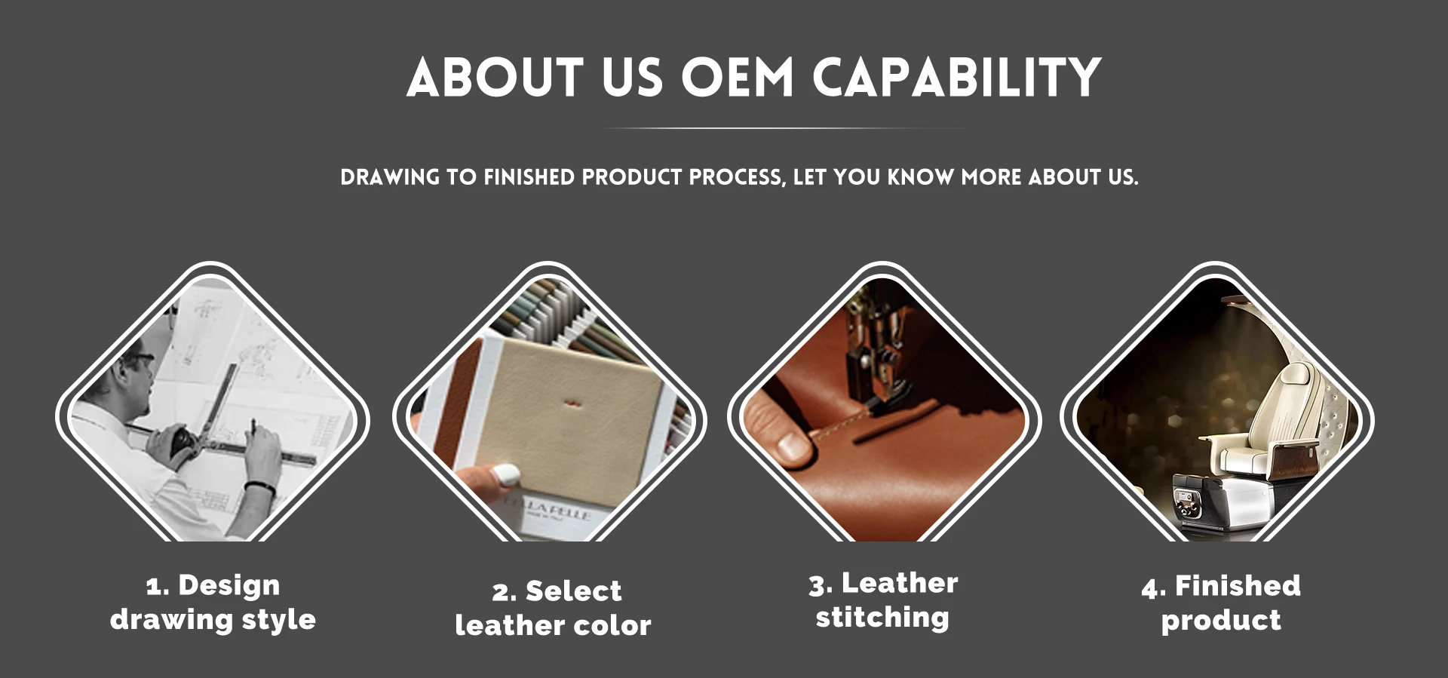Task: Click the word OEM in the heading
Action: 738,78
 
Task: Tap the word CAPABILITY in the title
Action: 957,78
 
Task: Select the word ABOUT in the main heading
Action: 495,78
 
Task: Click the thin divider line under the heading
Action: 784,128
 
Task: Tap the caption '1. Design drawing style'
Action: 213,602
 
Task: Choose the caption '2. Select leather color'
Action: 554,608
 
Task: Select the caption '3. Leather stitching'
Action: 883,600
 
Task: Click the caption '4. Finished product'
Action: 1221,603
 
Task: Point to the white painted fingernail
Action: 506,474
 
